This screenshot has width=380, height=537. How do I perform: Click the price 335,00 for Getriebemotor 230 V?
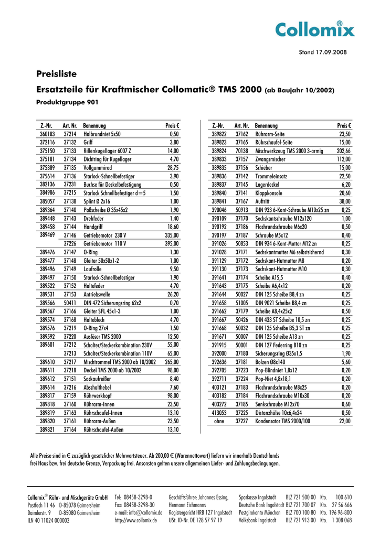172,235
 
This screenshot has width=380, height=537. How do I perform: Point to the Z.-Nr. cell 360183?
47,134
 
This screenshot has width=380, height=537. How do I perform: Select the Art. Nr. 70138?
241,151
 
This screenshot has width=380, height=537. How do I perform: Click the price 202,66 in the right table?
344,151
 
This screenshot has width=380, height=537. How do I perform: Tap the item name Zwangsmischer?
270,159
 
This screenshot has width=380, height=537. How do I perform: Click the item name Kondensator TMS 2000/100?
282,421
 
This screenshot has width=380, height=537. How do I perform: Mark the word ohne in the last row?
219,421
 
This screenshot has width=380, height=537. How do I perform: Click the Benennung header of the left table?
94,126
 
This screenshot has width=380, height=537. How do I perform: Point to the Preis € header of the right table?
344,126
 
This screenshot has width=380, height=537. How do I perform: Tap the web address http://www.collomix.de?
135,521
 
